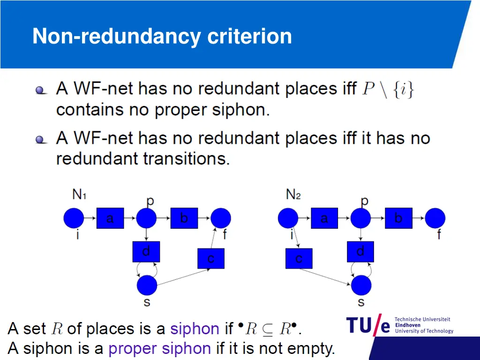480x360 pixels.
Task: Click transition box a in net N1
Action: [110, 218]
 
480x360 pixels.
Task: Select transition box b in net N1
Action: [184, 218]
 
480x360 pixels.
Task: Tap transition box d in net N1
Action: [146, 252]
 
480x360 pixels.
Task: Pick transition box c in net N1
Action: [211, 258]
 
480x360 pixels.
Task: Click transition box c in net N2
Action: [299, 258]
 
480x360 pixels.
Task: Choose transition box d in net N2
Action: [360, 252]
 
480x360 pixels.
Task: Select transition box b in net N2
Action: [398, 218]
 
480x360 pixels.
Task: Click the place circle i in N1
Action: [74, 218]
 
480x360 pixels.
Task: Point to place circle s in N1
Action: [147, 285]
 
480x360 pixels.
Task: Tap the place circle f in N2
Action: [435, 218]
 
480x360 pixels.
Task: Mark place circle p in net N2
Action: [360, 218]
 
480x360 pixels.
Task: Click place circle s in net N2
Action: [361, 285]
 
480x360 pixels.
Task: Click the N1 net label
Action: [79, 194]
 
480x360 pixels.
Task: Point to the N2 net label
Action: [293, 194]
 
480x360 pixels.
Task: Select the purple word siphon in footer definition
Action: [194, 329]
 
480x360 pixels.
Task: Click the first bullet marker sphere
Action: [41, 90]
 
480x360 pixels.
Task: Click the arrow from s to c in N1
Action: [178, 277]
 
